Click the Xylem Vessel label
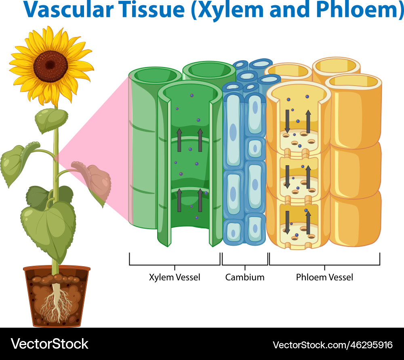click(x=175, y=278)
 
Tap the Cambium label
click(x=245, y=278)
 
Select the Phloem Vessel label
click(x=324, y=278)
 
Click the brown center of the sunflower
click(x=50, y=65)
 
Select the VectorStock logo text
click(x=50, y=344)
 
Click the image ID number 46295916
click(x=368, y=345)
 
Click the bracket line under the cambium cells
click(x=245, y=265)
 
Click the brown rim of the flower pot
click(x=57, y=268)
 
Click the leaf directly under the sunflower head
click(x=52, y=119)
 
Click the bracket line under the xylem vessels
click(x=175, y=265)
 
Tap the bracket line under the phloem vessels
click(x=324, y=265)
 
